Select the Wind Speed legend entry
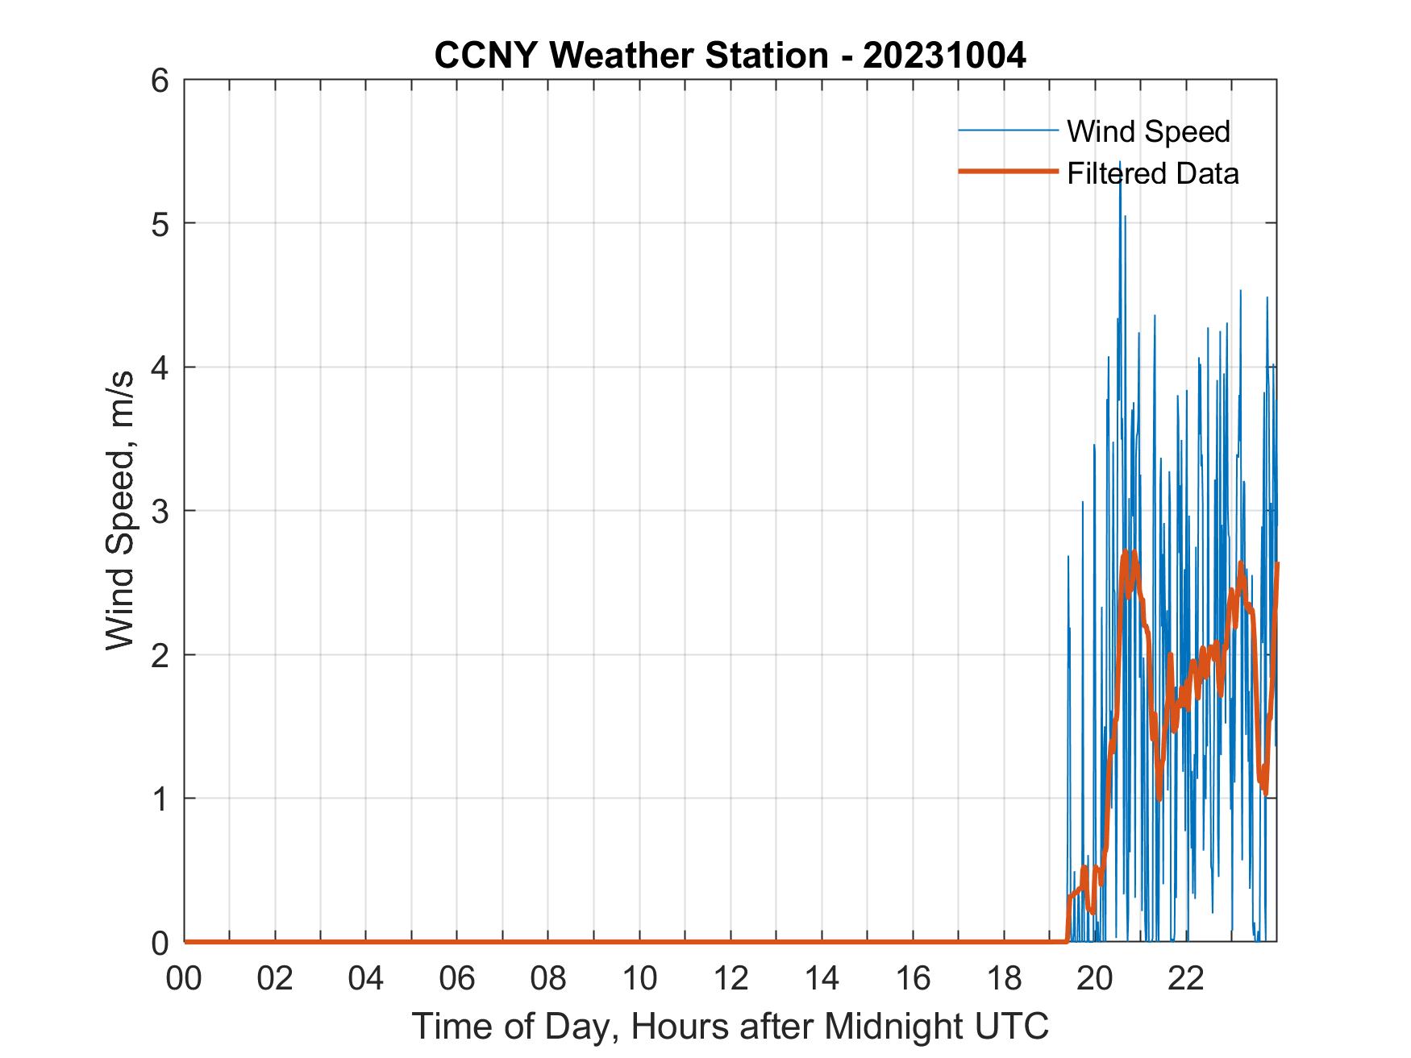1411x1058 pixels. point(1148,131)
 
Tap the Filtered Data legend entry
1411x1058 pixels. point(1152,173)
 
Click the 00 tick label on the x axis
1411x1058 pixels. point(185,978)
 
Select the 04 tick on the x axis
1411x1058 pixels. point(367,978)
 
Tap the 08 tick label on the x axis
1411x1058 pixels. point(549,978)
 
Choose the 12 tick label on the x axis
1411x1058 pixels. point(731,978)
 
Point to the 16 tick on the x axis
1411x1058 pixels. point(914,978)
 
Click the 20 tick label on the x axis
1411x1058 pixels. point(1096,978)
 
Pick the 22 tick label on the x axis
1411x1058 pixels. point(1187,978)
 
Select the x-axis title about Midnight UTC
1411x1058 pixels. point(730,1026)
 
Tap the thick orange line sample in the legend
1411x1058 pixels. point(1008,172)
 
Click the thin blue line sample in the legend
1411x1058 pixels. point(1008,130)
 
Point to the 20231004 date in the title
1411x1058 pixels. point(944,56)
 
